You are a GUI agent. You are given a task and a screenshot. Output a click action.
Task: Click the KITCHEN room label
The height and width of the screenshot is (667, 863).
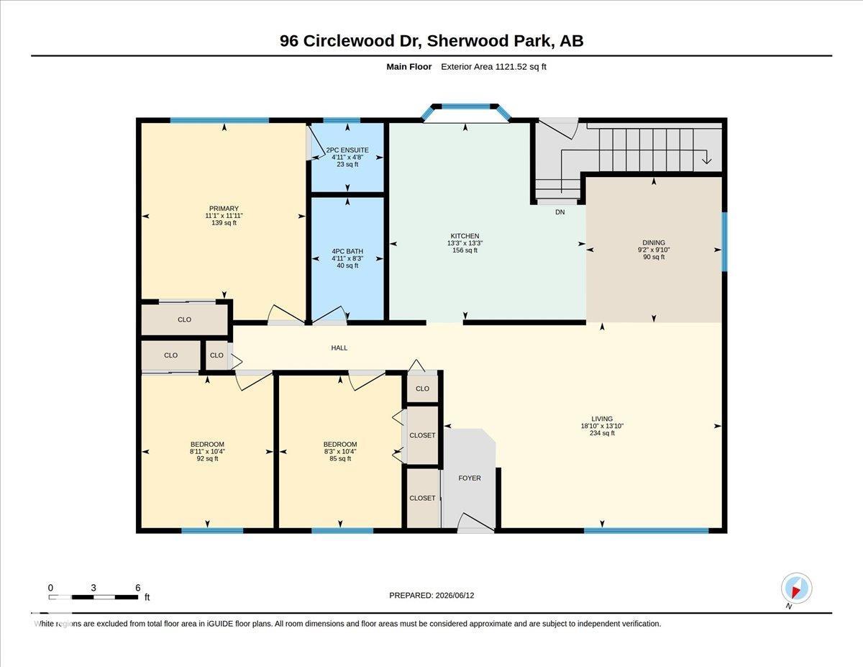pos(465,236)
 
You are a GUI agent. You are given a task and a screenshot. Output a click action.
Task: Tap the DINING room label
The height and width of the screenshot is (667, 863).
pos(654,242)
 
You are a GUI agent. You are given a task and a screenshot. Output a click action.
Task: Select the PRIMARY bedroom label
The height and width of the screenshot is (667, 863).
pos(224,209)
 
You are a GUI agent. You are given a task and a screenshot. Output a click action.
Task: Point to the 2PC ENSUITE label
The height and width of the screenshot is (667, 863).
pos(347,150)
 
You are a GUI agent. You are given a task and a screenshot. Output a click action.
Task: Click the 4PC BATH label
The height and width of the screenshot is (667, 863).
pos(347,251)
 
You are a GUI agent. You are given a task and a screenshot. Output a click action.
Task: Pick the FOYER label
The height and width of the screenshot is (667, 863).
pos(470,478)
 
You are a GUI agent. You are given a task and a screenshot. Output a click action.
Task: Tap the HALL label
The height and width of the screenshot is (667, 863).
pos(339,348)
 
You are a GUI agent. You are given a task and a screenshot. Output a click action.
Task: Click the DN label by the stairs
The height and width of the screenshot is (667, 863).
pos(560,212)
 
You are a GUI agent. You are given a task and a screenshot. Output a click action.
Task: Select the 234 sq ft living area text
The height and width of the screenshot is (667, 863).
pos(602,433)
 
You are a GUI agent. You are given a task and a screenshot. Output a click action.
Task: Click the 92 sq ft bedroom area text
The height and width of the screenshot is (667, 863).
pos(207,458)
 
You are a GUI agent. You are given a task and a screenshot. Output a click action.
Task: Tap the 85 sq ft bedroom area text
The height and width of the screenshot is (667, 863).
pos(340,458)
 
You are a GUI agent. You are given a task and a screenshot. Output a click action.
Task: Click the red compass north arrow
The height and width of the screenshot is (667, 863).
pos(796,593)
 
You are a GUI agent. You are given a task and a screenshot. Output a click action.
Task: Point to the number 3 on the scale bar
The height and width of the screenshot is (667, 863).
pos(93,588)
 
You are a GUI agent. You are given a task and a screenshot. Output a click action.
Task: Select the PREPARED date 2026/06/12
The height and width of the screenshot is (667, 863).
pos(455,596)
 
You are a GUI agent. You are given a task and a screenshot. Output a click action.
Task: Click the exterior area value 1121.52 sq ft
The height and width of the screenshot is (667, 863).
pos(520,67)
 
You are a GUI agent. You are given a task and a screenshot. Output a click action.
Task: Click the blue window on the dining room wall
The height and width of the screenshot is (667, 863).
pos(724,242)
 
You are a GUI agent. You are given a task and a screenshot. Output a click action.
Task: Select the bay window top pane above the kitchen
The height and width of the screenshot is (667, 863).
pos(465,106)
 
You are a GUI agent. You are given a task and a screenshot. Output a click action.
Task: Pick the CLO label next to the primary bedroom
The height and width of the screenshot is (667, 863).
pos(184,319)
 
